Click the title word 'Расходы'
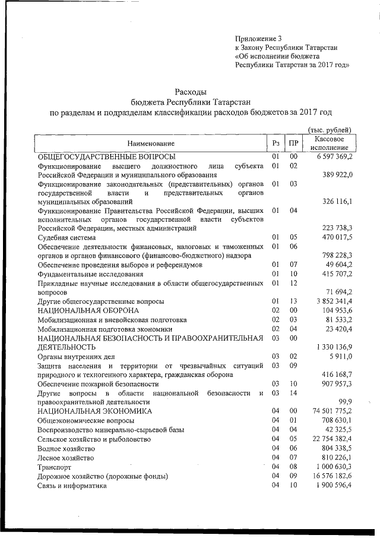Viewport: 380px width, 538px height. click(190, 92)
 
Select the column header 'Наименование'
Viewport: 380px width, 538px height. click(151, 143)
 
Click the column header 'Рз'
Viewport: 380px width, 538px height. click(275, 143)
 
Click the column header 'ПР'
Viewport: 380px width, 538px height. click(293, 143)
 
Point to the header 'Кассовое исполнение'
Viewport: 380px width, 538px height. click(329, 143)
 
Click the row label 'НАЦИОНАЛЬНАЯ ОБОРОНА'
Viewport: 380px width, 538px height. click(88, 310)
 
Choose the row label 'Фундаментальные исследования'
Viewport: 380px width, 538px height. click(90, 274)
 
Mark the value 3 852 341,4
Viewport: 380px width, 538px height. click(331, 301)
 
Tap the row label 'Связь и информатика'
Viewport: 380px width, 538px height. click(72, 486)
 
